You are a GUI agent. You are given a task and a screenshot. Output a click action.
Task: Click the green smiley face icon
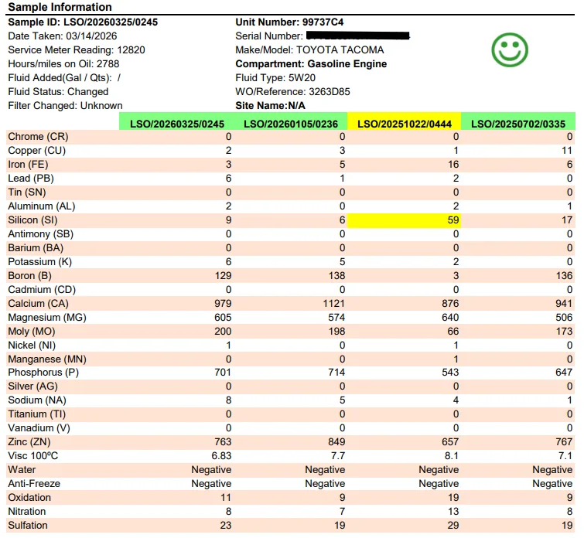(x=510, y=49)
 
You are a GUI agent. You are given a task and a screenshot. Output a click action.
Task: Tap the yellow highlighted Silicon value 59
(x=453, y=220)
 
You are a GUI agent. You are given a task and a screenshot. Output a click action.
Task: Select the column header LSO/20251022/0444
(x=404, y=123)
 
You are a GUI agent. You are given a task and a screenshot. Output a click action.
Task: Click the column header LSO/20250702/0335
(x=517, y=123)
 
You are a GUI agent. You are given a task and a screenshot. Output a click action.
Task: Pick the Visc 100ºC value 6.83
(x=221, y=456)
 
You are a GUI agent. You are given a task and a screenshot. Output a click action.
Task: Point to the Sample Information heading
(x=60, y=8)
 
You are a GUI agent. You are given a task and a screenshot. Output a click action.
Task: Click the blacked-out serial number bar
(x=357, y=36)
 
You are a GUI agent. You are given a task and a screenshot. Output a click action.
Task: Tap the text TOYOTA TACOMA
(x=340, y=49)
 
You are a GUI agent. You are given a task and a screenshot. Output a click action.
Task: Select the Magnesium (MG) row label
(x=46, y=318)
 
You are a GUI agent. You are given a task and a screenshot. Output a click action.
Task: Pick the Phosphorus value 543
(x=449, y=373)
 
